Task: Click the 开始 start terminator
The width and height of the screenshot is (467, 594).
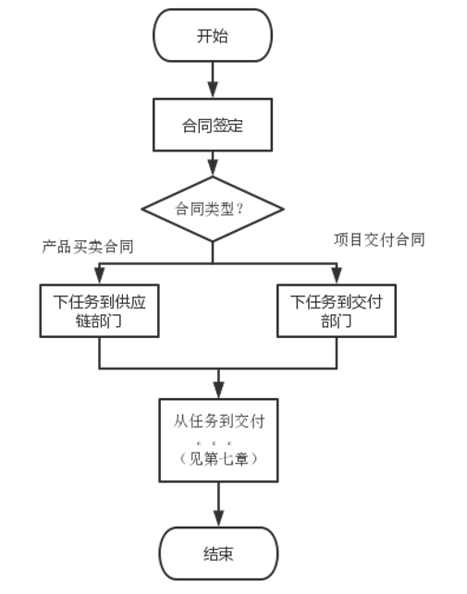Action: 213,35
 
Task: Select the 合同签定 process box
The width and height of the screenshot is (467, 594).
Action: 213,125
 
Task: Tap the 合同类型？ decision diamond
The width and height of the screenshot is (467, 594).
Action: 213,209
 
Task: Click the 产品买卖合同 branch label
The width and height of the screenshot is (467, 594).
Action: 88,247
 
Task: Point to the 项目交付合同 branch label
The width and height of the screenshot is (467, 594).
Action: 379,240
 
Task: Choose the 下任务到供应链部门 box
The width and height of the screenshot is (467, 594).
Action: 99,310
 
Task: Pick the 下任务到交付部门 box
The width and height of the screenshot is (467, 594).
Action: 337,310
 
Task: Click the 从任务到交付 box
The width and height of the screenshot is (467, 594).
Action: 218,441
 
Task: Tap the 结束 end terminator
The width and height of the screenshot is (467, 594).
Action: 218,553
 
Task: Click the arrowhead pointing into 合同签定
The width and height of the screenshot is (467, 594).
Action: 213,91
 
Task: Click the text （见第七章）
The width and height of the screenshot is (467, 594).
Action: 218,459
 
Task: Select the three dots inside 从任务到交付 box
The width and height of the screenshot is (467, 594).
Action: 214,442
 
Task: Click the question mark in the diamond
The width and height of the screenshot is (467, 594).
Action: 240,209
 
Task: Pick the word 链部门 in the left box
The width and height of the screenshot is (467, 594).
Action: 99,321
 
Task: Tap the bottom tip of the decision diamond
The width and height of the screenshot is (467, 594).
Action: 213,241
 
